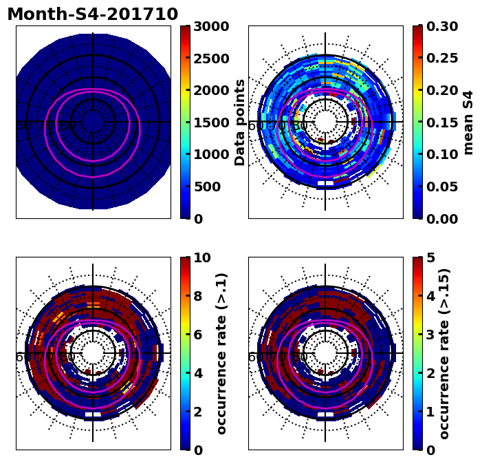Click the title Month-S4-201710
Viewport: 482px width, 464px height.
[92, 14]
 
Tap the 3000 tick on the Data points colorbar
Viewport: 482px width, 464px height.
[210, 27]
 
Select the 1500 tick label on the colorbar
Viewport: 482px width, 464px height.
[210, 123]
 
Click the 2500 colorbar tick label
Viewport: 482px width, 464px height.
[210, 59]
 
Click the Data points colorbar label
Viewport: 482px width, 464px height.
[240, 122]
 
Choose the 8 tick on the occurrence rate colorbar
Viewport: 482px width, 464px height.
[197, 297]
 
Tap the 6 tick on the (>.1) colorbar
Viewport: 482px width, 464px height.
[197, 335]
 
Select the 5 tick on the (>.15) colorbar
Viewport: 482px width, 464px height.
[430, 258]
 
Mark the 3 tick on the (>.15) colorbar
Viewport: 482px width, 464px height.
[430, 335]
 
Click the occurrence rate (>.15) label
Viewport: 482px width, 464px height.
[444, 353]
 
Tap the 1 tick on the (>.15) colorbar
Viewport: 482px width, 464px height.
[430, 412]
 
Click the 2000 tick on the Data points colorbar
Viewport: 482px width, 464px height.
[210, 91]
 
